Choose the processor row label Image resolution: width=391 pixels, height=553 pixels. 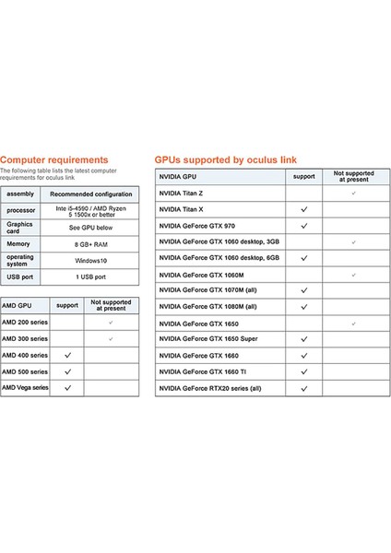coord(20,210)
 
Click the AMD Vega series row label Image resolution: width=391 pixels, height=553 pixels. coord(26,388)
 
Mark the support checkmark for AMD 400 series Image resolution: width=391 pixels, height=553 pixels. coord(68,355)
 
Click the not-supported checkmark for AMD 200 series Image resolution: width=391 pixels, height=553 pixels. coord(111,323)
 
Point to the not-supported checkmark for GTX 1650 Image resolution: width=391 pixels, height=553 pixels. coord(352,324)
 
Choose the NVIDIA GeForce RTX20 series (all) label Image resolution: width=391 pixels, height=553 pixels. coord(210,390)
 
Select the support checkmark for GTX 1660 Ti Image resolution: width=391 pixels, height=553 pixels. coord(303,372)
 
